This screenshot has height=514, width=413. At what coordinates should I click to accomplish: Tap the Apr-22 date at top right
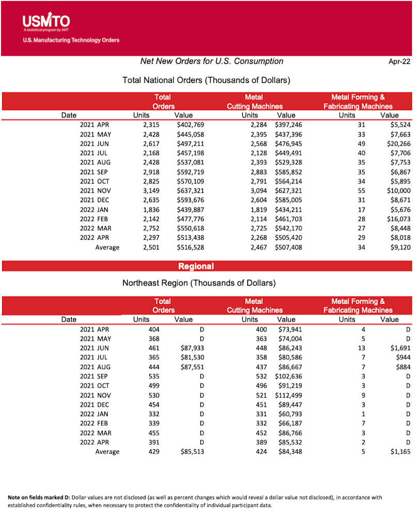tap(399, 62)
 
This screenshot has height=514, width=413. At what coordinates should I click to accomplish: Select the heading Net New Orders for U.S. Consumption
tap(212, 61)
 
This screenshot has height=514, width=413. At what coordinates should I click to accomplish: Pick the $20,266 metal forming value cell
tap(398, 144)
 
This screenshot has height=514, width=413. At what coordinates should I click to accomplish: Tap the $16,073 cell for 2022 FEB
tap(398, 219)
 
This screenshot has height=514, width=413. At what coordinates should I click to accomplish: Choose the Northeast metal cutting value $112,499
tap(290, 395)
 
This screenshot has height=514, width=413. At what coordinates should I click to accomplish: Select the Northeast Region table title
tap(199, 283)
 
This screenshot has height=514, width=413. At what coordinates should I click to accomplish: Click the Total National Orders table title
tap(206, 80)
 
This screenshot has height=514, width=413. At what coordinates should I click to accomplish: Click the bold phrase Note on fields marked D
tap(38, 498)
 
